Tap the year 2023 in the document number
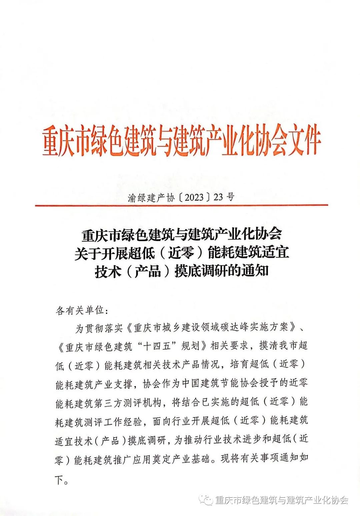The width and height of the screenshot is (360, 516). (194, 197)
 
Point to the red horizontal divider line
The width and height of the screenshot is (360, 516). (182, 205)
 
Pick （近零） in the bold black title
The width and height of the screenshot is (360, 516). (181, 254)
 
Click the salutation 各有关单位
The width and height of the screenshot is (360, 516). (80, 310)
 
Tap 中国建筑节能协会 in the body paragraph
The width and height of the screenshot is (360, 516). (220, 383)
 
